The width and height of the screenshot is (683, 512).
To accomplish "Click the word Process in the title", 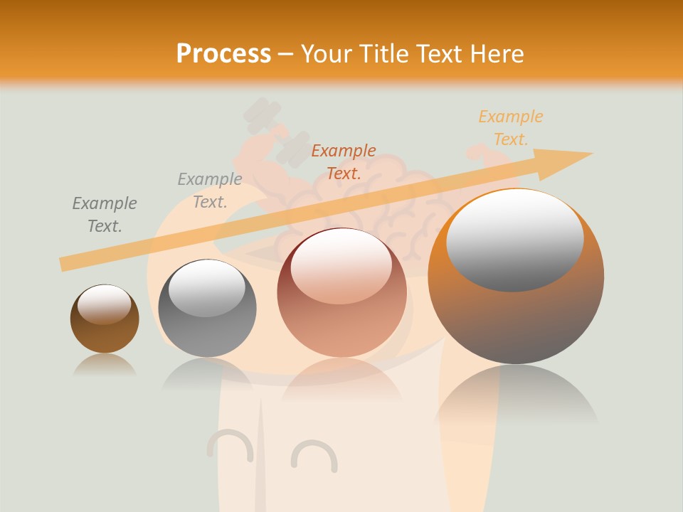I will (x=223, y=53).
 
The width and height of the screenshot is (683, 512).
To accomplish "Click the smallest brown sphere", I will (x=105, y=319).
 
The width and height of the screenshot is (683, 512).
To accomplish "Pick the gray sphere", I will (x=207, y=308).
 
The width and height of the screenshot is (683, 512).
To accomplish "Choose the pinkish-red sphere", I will (x=341, y=293).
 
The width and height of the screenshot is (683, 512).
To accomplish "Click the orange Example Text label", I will (x=511, y=128).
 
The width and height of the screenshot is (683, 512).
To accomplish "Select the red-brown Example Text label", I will (x=344, y=161).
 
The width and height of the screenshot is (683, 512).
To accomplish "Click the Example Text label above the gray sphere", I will (x=210, y=190).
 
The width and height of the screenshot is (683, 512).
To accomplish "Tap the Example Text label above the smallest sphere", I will (x=105, y=214).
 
